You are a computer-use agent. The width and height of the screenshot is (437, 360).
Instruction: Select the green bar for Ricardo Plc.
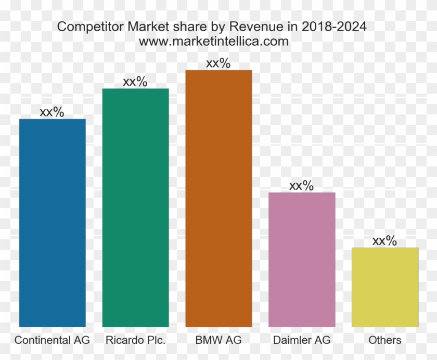click(x=135, y=208)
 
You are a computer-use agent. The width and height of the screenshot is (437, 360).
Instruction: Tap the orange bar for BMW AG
click(x=219, y=198)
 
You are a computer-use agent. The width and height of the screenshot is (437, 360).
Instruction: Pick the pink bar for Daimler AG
click(x=302, y=260)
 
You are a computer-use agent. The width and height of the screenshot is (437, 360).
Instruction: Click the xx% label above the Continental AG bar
click(x=52, y=112)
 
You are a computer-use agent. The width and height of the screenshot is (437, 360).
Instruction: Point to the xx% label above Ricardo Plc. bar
click(x=135, y=82)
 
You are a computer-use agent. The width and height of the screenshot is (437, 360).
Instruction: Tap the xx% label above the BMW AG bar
click(x=219, y=63)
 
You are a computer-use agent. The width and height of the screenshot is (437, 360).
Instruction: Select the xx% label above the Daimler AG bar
click(x=302, y=186)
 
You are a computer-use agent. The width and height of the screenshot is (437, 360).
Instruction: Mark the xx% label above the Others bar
click(x=385, y=241)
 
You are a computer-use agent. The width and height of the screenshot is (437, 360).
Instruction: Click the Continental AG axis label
click(x=52, y=340)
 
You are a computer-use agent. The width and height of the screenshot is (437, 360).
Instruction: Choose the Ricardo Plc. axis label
click(x=135, y=340)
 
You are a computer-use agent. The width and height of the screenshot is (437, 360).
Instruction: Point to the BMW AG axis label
click(x=219, y=340)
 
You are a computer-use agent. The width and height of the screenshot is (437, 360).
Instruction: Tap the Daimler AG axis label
click(x=302, y=340)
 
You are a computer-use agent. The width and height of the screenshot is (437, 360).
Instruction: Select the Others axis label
click(x=385, y=340)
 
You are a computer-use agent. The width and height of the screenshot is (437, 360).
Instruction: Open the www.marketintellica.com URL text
click(x=214, y=42)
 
